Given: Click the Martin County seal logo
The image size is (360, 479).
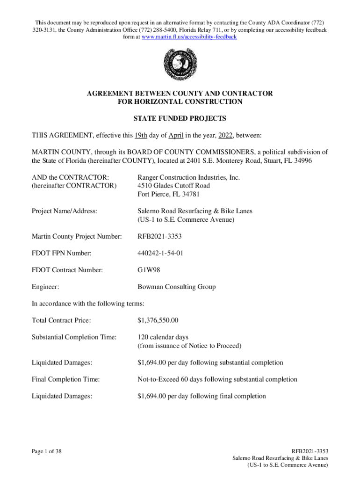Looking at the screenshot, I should [x=180, y=64].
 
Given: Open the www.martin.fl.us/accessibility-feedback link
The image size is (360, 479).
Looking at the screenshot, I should [x=189, y=36].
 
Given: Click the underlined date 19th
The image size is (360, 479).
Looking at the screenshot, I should [x=141, y=136].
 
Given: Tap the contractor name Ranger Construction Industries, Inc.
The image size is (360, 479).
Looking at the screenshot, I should [x=188, y=177].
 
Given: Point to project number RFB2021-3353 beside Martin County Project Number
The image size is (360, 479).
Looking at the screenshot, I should [x=159, y=237].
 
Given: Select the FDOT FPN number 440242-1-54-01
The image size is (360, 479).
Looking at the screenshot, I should [x=162, y=254].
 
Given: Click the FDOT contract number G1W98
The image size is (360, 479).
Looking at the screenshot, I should [x=149, y=270].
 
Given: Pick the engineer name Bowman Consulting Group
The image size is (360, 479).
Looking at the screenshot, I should [x=176, y=287].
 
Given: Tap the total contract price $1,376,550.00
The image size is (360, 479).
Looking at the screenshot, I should [x=158, y=320].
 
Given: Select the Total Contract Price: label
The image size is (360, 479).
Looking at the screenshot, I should [x=61, y=320].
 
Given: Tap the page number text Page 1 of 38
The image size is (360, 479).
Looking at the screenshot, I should [x=47, y=451].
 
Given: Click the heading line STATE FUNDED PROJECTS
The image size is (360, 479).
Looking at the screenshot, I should [x=180, y=118].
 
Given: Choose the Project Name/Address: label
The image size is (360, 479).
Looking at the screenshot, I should [x=64, y=211].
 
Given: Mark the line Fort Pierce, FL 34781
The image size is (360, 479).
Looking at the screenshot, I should [x=168, y=194].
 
